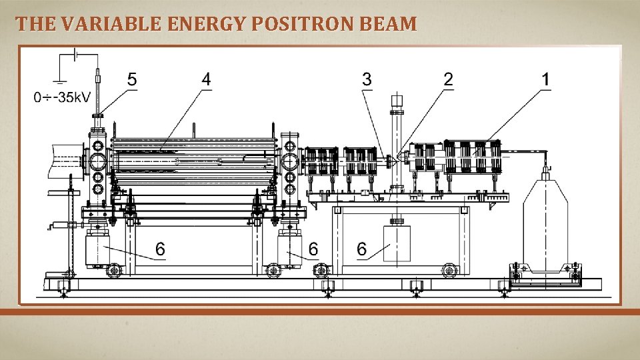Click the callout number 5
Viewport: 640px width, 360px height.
[132, 79]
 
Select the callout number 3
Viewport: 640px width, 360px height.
[367, 79]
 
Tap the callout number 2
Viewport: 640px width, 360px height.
[448, 79]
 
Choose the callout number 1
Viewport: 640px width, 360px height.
[546, 79]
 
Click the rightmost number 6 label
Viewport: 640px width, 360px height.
[361, 249]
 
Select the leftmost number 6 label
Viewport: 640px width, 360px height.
[160, 249]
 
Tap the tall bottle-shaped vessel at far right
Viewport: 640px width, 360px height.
[545, 220]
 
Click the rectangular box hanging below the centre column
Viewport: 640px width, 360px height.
[397, 243]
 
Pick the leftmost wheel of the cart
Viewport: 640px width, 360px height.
[115, 271]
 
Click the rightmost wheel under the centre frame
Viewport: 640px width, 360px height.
[450, 271]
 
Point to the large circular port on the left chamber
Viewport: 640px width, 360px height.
[98, 161]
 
